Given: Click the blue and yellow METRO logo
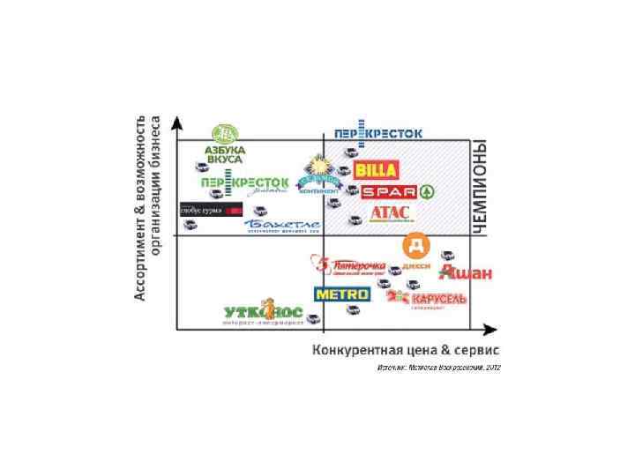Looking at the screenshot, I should click(342, 294).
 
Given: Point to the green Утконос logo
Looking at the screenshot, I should click(263, 313).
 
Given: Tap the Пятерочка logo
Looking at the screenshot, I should click(351, 266).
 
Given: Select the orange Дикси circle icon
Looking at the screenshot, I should click(415, 245).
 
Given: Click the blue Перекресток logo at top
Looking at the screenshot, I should click(377, 132).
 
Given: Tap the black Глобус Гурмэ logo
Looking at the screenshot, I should click(211, 210).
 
